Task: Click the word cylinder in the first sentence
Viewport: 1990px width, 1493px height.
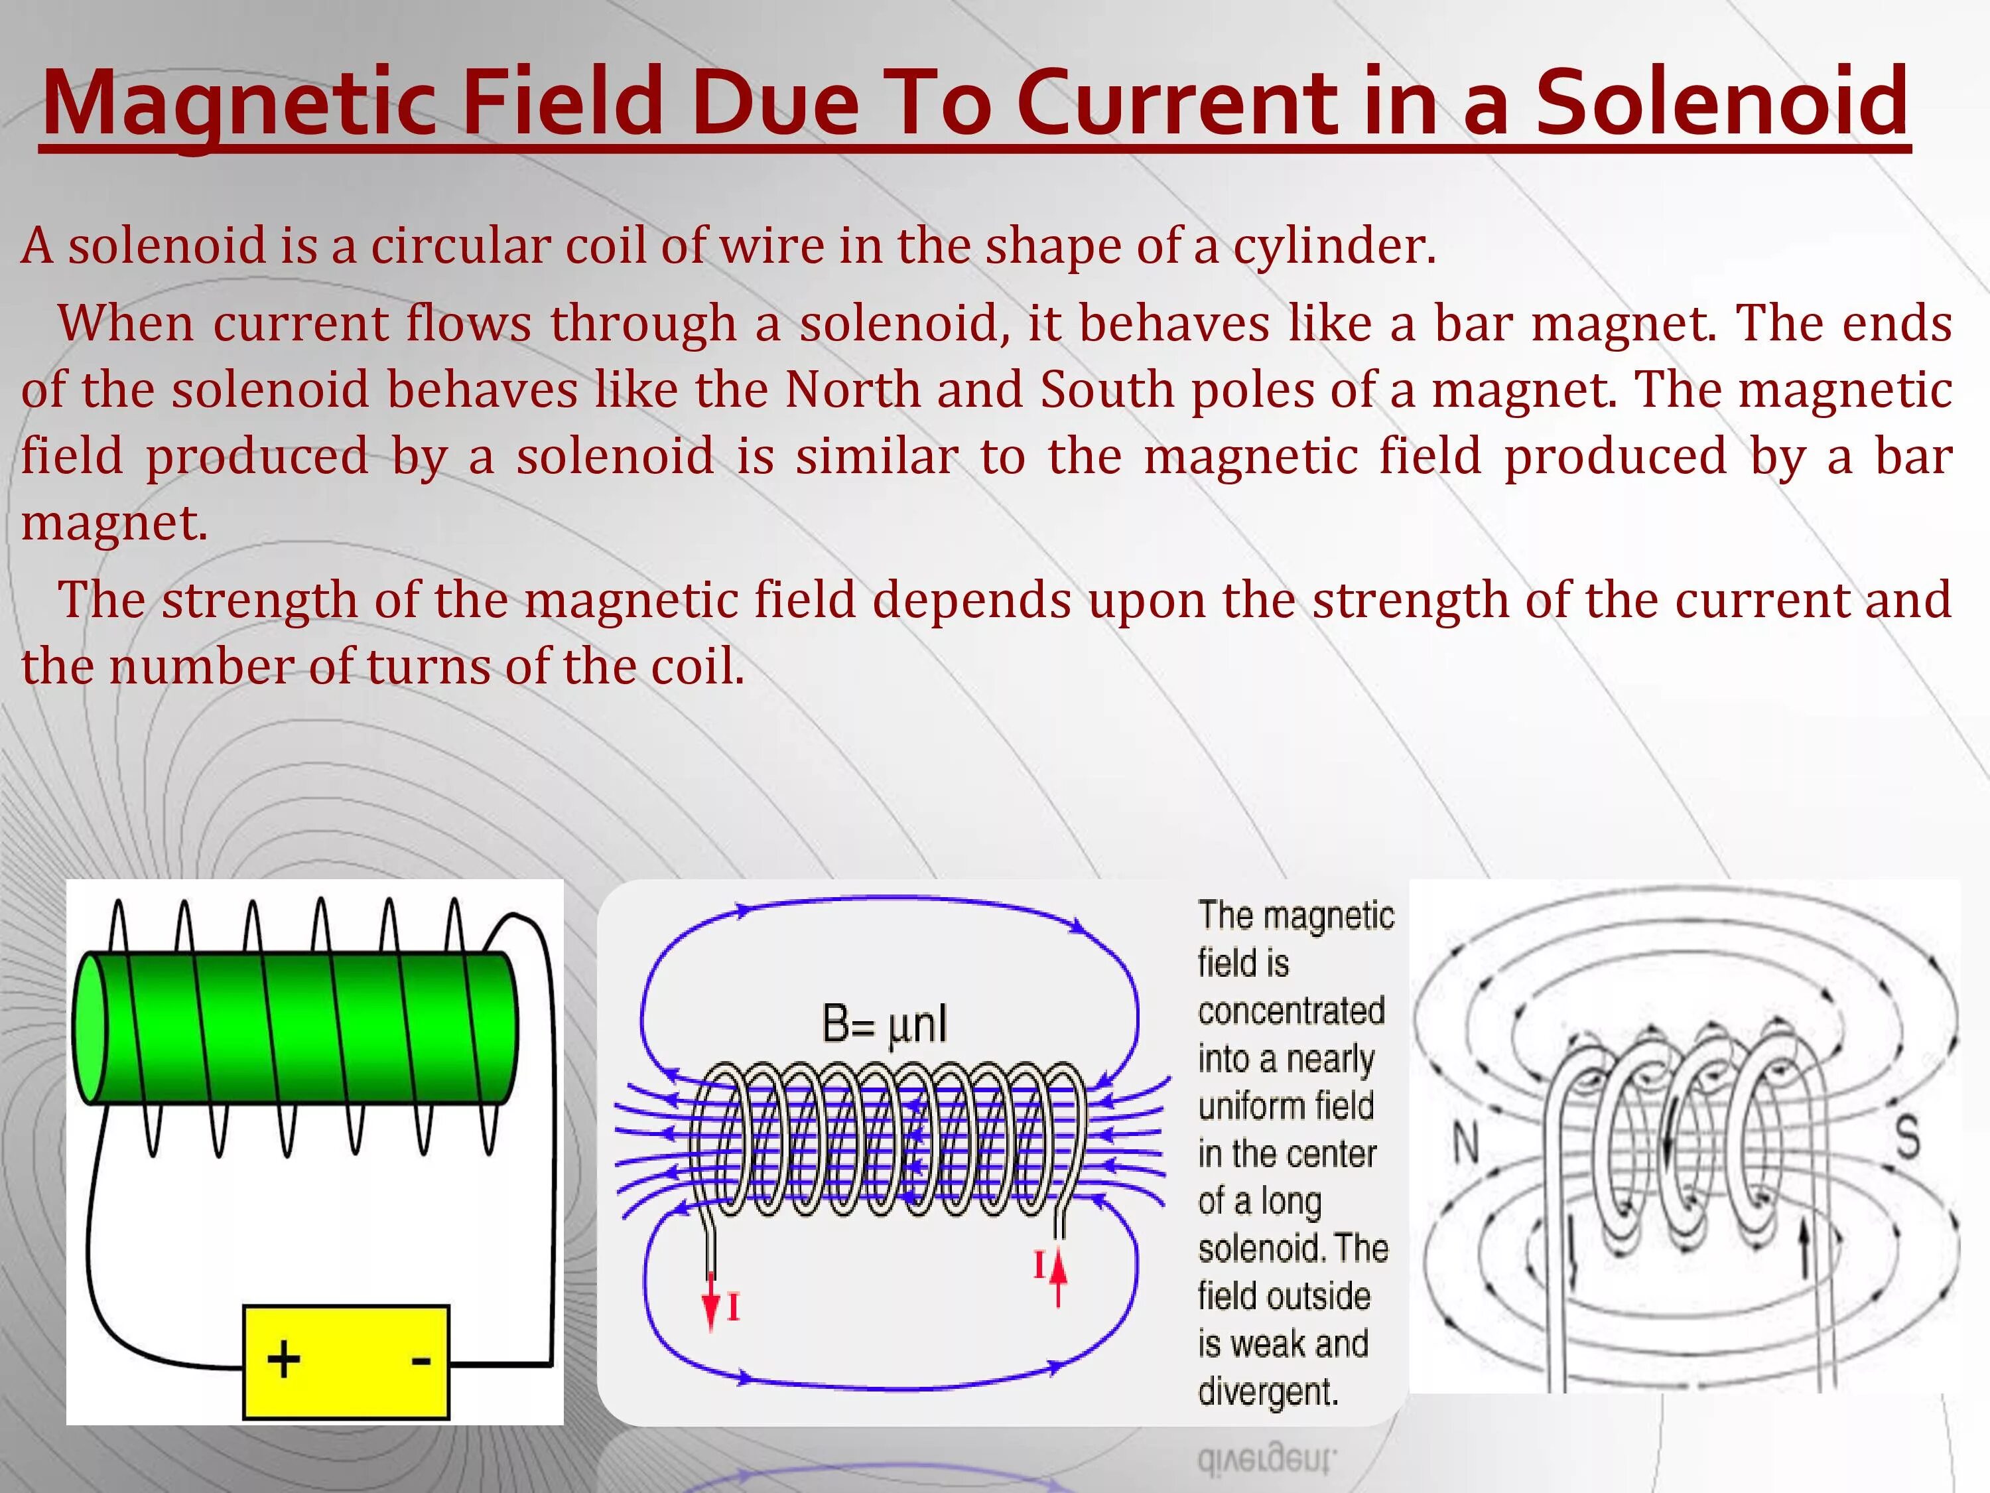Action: click(x=1333, y=246)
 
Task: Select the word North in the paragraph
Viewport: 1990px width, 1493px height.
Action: click(x=851, y=390)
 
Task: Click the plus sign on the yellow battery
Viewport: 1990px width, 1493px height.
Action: click(x=283, y=1359)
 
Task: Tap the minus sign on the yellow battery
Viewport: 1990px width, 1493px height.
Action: click(x=420, y=1360)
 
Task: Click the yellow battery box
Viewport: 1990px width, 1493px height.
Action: click(x=346, y=1361)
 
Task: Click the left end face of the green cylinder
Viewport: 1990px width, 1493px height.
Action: click(x=89, y=1028)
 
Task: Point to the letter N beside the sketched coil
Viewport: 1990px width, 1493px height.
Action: click(x=1467, y=1144)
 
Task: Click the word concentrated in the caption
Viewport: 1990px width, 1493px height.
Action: click(x=1290, y=1011)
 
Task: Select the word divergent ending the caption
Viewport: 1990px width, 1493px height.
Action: click(x=1268, y=1391)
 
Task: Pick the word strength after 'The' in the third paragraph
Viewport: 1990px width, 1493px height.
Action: click(x=259, y=601)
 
